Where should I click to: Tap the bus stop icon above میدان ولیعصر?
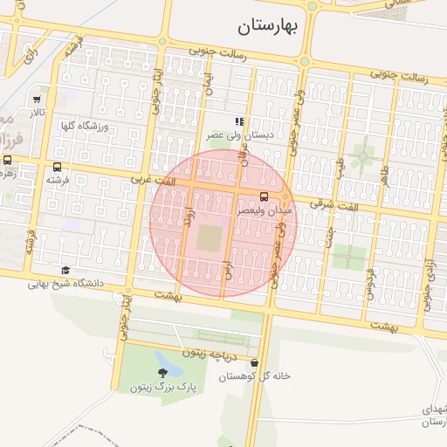(264, 196)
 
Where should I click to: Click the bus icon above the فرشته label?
(58, 168)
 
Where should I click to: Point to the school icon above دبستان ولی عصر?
(239, 122)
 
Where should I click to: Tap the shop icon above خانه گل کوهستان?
(254, 363)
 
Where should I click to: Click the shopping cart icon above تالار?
(37, 100)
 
